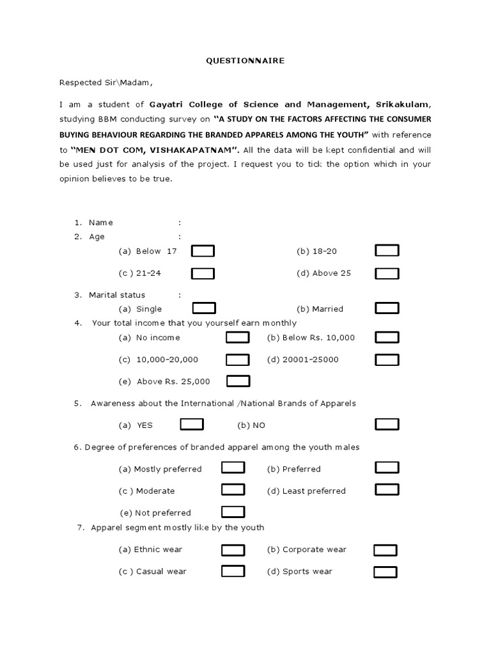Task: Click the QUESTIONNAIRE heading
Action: point(245,61)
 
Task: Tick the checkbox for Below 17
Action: point(203,251)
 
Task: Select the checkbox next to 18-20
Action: point(387,251)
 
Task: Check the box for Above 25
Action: point(387,274)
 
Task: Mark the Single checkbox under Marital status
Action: point(204,308)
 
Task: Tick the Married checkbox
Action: point(387,308)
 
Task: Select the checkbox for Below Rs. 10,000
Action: point(387,337)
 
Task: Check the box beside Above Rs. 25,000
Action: point(238,381)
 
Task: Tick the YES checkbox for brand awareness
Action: point(192,424)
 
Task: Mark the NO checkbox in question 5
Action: point(387,424)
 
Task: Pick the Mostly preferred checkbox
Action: point(233,468)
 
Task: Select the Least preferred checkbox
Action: point(387,490)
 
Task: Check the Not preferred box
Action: point(233,512)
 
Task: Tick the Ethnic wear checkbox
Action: point(233,549)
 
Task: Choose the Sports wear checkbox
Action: point(385,571)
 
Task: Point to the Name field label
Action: point(101,223)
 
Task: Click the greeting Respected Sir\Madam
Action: point(106,83)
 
